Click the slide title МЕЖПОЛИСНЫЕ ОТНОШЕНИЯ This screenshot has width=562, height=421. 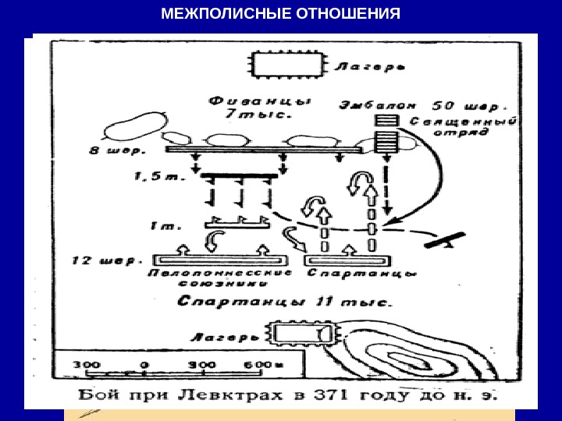point(281,15)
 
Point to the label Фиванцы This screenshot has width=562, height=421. point(259,102)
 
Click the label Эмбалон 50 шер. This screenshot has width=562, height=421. point(423,103)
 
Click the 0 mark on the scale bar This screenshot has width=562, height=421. point(144,365)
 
